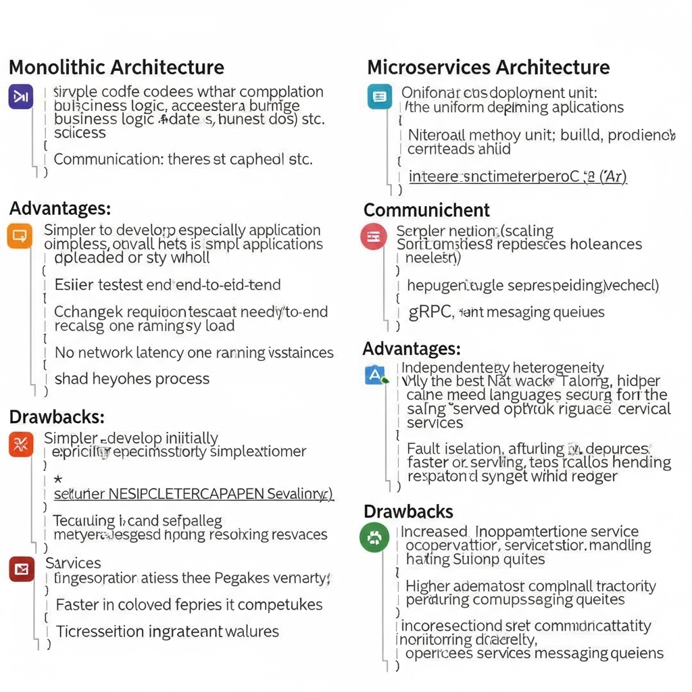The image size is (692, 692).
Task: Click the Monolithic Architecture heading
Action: [x=116, y=68]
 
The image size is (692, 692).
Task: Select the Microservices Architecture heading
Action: [x=488, y=68]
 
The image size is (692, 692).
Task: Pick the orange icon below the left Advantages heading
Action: [x=19, y=237]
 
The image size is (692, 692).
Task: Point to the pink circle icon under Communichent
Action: [x=374, y=237]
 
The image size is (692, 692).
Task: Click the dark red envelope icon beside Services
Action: [x=22, y=570]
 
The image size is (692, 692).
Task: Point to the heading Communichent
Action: [x=426, y=209]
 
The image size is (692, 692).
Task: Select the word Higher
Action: [x=428, y=586]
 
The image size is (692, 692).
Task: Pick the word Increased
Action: [x=435, y=532]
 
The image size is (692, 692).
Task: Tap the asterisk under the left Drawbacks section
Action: [x=58, y=480]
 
